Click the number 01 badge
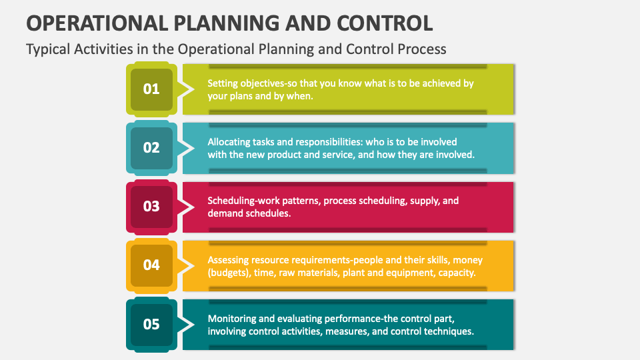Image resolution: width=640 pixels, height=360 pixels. point(151,89)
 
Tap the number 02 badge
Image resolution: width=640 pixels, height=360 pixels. point(151,147)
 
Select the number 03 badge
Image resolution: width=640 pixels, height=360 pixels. point(151,206)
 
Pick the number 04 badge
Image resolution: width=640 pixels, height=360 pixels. point(151,265)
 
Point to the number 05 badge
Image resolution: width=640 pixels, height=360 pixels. point(151,324)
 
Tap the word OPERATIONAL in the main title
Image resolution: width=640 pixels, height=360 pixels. point(95,23)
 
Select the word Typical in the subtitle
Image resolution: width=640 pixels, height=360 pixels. point(47,49)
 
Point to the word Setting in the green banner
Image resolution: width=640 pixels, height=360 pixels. point(223,84)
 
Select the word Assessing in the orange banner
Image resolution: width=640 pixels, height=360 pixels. point(229,259)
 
